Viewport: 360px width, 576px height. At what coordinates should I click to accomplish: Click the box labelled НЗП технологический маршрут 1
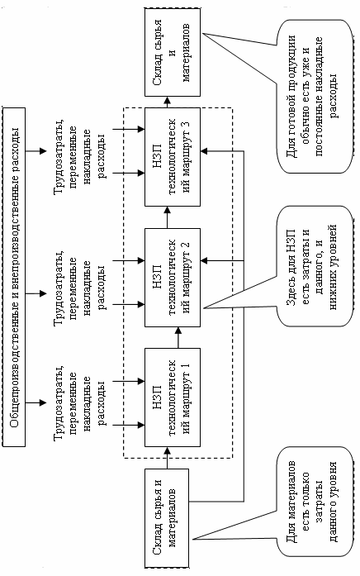(173, 397)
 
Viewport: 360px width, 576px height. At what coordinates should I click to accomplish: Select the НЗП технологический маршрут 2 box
(173, 278)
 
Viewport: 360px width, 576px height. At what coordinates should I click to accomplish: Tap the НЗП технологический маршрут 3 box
(173, 157)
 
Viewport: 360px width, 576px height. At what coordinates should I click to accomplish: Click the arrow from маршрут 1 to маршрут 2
(178, 338)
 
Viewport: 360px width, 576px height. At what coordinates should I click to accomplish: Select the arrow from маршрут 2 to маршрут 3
(168, 217)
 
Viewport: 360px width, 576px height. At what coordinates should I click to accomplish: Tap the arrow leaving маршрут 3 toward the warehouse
(168, 102)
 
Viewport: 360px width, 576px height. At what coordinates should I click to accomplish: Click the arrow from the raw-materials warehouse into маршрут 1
(168, 458)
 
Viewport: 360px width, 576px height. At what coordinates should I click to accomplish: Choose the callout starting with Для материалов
(314, 502)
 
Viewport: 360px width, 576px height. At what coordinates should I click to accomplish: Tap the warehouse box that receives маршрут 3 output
(173, 53)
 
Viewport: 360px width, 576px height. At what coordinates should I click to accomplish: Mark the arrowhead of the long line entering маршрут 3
(204, 151)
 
